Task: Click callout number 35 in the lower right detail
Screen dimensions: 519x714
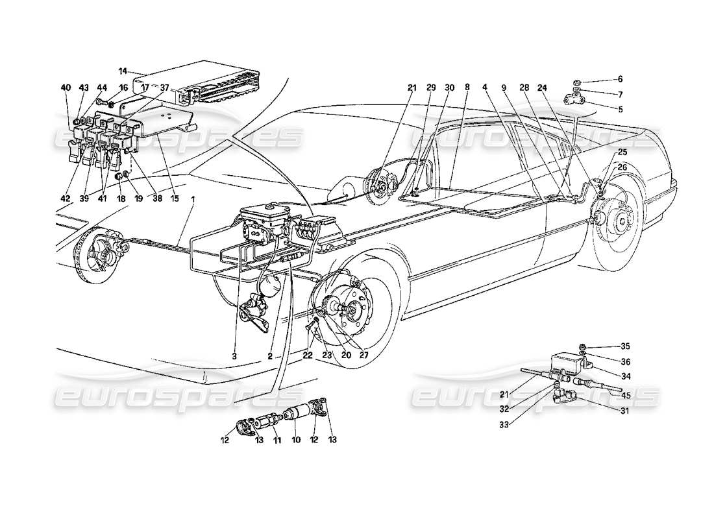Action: (625, 346)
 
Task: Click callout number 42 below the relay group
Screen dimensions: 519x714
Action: (66, 199)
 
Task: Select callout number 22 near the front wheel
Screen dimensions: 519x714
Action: (307, 356)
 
